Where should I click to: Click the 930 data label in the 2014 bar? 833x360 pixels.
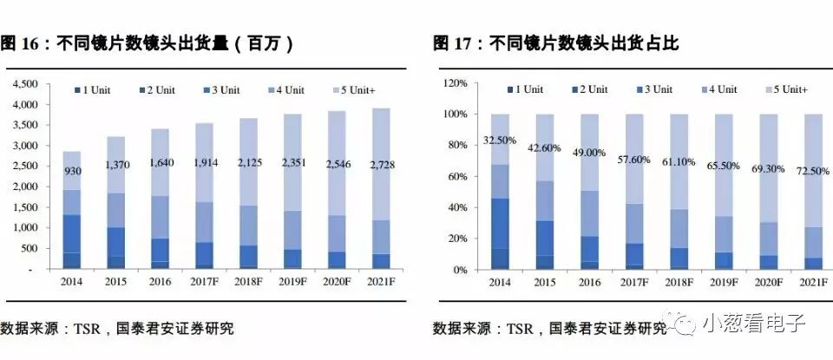coord(72,172)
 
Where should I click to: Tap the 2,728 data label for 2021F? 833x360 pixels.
coord(382,165)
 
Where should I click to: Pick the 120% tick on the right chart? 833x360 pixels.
coord(456,83)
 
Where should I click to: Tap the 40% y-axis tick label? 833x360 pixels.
coord(458,207)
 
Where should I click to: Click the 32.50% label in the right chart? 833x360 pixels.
coord(500,141)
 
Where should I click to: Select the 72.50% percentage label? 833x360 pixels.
coord(812,171)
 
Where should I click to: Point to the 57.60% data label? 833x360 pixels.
coord(633,160)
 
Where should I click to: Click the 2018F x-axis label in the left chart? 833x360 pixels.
coord(249,282)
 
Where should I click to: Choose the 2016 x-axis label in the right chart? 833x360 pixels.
coord(590,283)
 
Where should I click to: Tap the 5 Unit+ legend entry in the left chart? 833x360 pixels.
coord(354,90)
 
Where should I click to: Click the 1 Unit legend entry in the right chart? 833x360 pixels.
coord(525,89)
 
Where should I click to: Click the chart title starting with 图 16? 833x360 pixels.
coord(148,44)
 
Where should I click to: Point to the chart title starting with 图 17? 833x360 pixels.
coord(555,43)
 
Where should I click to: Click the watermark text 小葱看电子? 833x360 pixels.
coord(755,323)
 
